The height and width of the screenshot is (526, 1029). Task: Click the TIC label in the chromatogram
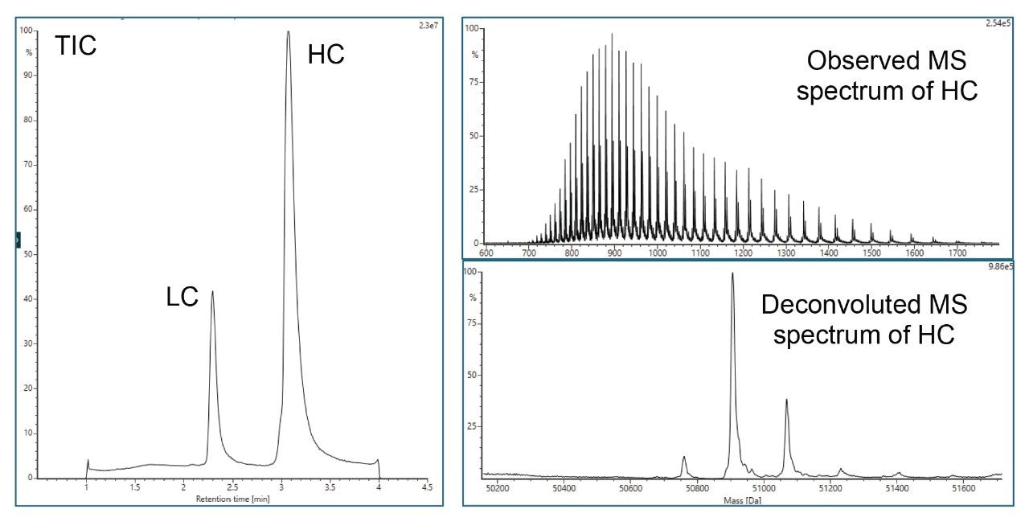(x=76, y=47)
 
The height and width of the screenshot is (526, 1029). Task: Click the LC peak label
(x=182, y=298)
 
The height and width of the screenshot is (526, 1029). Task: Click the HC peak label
(x=326, y=55)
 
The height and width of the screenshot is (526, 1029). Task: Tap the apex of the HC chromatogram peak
(x=288, y=32)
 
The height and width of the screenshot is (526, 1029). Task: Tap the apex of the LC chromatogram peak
(x=212, y=291)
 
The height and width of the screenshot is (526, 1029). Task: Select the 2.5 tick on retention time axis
(x=232, y=487)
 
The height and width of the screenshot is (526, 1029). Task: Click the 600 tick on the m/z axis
(x=486, y=252)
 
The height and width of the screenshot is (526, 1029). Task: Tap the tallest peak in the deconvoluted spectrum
(x=732, y=273)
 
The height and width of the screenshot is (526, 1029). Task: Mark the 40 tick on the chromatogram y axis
(x=31, y=299)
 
